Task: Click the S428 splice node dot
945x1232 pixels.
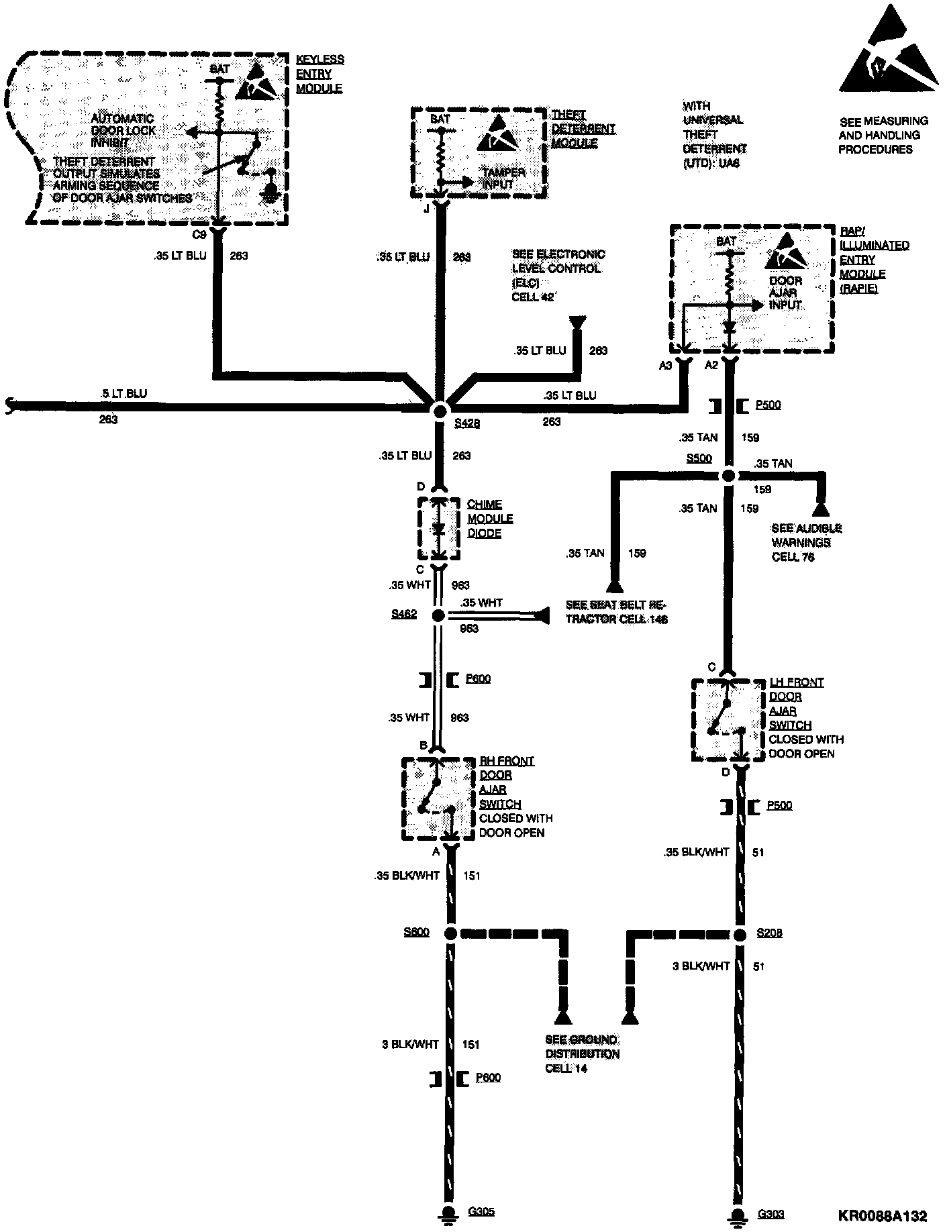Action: click(x=440, y=410)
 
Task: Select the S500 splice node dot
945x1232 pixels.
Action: click(x=730, y=476)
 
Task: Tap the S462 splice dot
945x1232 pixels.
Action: click(x=438, y=615)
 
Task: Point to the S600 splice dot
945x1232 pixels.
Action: click(x=450, y=933)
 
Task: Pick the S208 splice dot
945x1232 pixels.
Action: click(x=740, y=935)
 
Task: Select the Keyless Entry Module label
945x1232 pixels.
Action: click(x=319, y=74)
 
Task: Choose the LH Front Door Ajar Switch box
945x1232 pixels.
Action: click(x=728, y=720)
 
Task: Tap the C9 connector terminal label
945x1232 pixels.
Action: click(x=199, y=235)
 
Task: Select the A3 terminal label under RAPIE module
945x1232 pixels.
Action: click(x=665, y=365)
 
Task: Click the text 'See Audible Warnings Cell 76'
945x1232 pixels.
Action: click(x=806, y=542)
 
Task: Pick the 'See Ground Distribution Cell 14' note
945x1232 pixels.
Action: click(x=582, y=1054)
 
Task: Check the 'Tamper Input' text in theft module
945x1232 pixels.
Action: click(x=504, y=178)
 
